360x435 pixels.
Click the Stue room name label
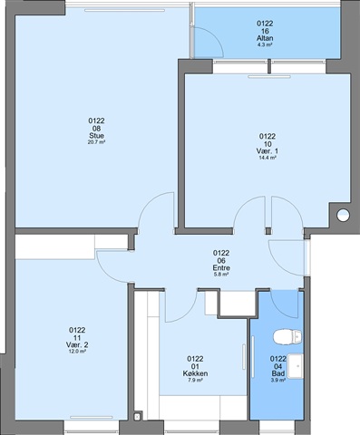(x=96, y=136)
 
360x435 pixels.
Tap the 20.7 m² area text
(x=96, y=142)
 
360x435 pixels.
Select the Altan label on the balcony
(x=265, y=38)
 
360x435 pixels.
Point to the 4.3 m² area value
(x=265, y=44)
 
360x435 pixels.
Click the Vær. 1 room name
(x=268, y=151)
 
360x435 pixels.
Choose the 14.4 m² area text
(x=268, y=158)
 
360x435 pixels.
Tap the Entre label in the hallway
(x=221, y=268)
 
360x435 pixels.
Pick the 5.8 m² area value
(x=221, y=275)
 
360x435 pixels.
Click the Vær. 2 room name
(x=77, y=344)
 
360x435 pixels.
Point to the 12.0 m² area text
(x=77, y=352)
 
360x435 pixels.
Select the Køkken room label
(x=195, y=373)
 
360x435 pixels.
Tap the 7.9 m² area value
(x=195, y=381)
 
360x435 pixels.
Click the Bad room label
(x=278, y=373)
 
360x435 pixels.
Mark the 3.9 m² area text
(x=278, y=381)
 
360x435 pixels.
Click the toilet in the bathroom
(x=287, y=337)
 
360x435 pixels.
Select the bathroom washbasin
(x=296, y=366)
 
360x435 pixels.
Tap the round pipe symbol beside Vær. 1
(x=343, y=215)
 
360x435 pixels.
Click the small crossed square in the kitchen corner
(x=138, y=417)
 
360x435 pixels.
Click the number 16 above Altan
(x=265, y=31)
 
